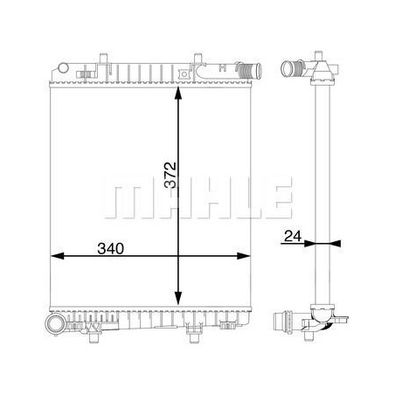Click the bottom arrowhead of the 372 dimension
click(179, 297)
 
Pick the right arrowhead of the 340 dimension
click(246, 256)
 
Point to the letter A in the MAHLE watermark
click(162, 197)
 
